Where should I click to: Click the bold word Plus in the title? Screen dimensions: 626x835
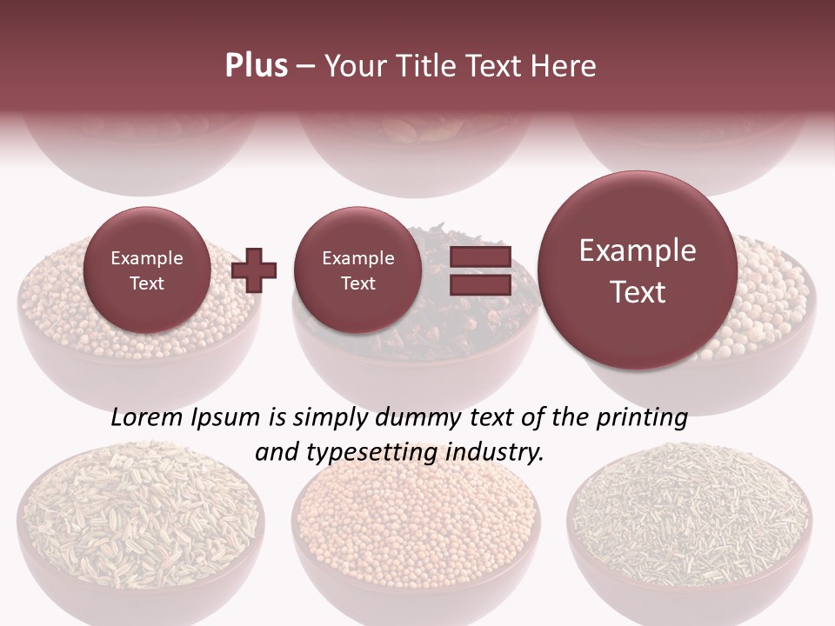(256, 66)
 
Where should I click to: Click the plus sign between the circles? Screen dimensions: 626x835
(254, 270)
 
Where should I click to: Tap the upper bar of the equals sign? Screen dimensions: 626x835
(479, 256)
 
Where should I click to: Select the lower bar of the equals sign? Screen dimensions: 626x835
(479, 284)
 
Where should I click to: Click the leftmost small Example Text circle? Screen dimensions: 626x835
(146, 270)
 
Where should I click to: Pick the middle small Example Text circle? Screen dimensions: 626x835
(357, 270)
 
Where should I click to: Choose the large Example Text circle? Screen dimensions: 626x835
(638, 270)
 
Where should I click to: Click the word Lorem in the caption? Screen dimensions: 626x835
(148, 417)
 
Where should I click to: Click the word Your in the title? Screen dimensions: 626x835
(351, 66)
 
